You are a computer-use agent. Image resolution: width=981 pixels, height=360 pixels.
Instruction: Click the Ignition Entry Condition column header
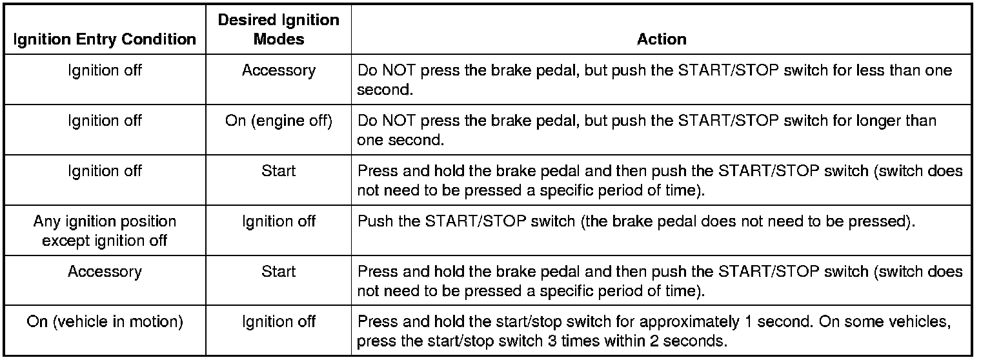pyautogui.click(x=105, y=39)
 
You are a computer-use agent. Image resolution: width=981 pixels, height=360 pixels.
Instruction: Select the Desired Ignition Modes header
pyautogui.click(x=278, y=30)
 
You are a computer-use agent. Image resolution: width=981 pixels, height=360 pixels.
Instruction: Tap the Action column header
pyautogui.click(x=662, y=39)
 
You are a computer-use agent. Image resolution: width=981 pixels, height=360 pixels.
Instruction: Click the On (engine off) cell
pyautogui.click(x=278, y=121)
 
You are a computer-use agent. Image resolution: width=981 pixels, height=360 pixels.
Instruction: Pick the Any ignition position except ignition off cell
pyautogui.click(x=105, y=231)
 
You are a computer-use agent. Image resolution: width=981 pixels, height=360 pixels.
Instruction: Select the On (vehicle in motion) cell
pyautogui.click(x=105, y=322)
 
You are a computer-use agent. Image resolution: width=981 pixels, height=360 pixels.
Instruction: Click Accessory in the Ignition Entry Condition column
pyautogui.click(x=105, y=272)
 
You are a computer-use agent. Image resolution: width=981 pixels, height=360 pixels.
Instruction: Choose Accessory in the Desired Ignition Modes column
pyautogui.click(x=278, y=70)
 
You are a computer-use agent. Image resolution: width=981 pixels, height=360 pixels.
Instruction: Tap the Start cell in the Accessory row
pyautogui.click(x=278, y=272)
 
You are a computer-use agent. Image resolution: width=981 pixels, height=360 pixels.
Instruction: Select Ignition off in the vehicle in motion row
pyautogui.click(x=278, y=322)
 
